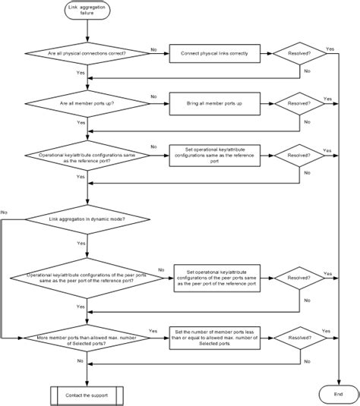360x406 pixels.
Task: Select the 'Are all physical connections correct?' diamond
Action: coord(88,54)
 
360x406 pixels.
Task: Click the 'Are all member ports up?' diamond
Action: coord(88,102)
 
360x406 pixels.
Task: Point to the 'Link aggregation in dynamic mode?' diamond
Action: coord(88,219)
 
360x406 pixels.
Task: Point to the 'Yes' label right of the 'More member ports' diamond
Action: coord(153,331)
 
